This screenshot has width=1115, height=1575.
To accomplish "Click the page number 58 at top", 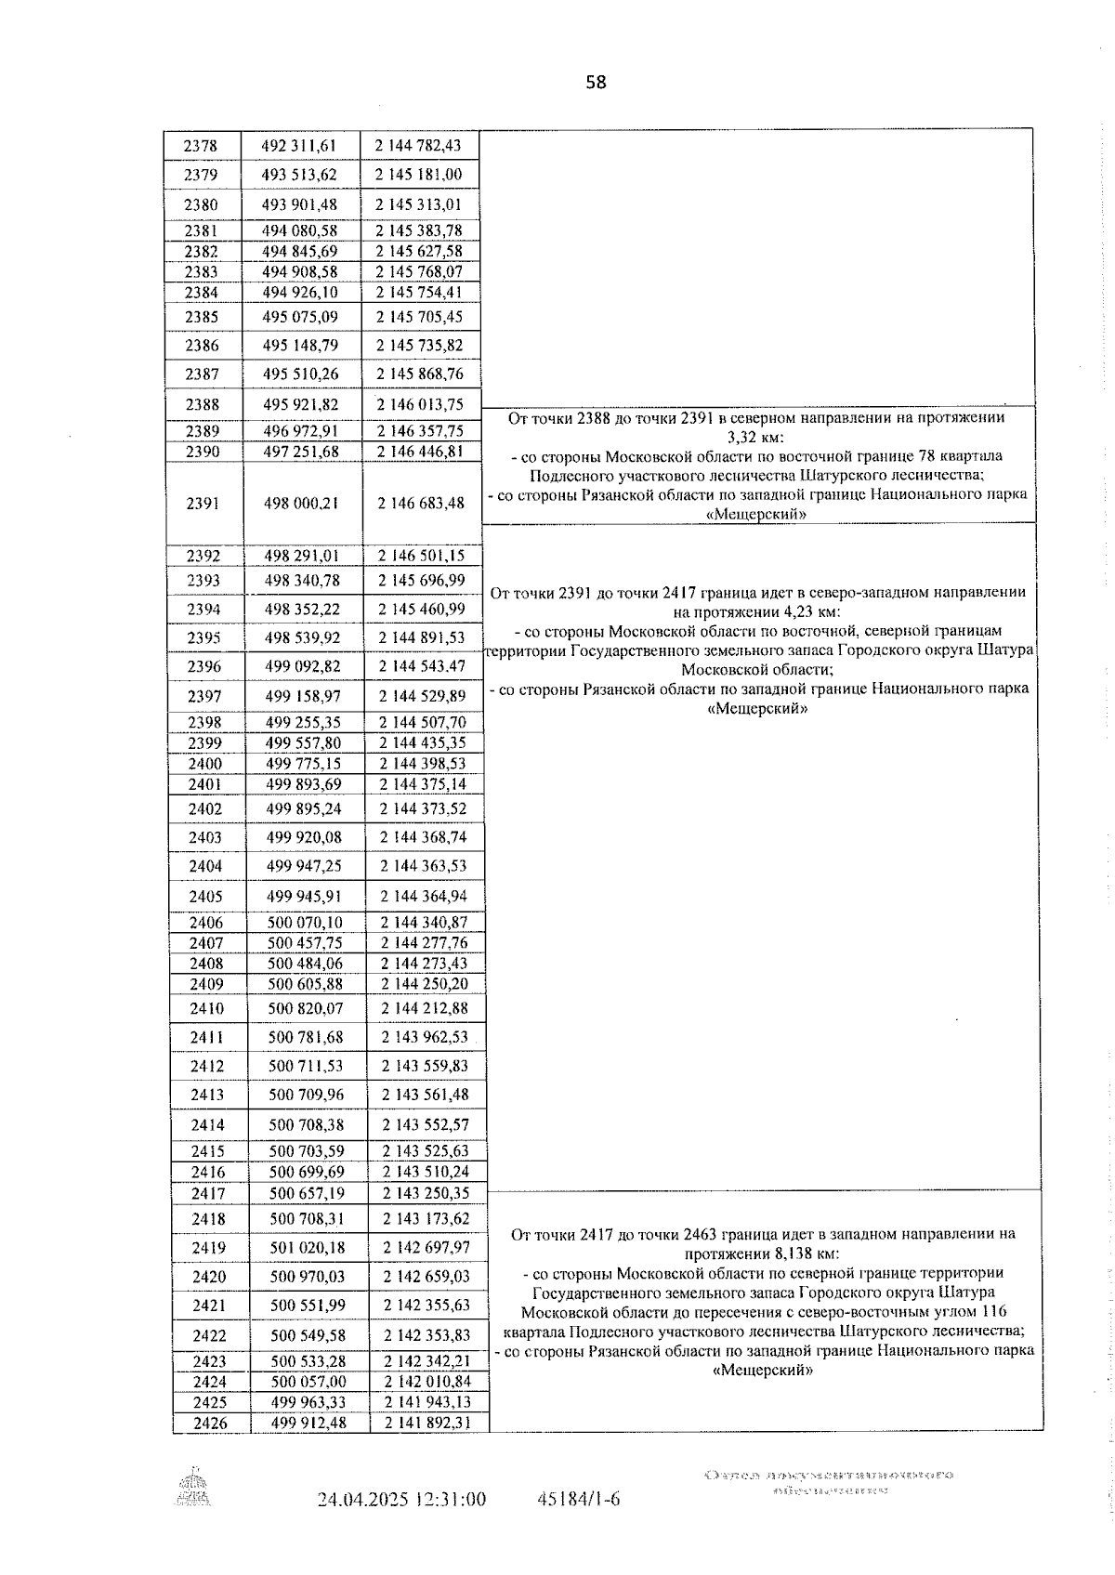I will pyautogui.click(x=596, y=83).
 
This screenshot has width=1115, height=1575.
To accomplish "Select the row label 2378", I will pyautogui.click(x=201, y=146).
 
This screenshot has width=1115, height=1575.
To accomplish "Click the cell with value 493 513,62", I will pyautogui.click(x=299, y=175).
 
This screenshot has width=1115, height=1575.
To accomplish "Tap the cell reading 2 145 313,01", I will pyautogui.click(x=418, y=204).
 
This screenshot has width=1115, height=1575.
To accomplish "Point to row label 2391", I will pyautogui.click(x=203, y=503).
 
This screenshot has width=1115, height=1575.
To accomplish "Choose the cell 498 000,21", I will pyautogui.click(x=301, y=503).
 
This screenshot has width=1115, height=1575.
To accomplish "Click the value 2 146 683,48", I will pyautogui.click(x=421, y=503).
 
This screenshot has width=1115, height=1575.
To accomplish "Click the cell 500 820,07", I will pyautogui.click(x=305, y=1008).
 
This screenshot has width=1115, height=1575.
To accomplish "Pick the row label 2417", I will pyautogui.click(x=208, y=1193).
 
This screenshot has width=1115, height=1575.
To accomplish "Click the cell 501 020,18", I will pyautogui.click(x=306, y=1247).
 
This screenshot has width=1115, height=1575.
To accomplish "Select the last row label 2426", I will pyautogui.click(x=210, y=1423).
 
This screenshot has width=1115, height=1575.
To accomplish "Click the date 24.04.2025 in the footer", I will pyautogui.click(x=364, y=1499).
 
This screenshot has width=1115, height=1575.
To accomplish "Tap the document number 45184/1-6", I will pyautogui.click(x=578, y=1499).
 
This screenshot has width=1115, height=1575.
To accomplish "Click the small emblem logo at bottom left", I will pyautogui.click(x=194, y=1486).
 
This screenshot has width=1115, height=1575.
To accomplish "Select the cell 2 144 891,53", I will pyautogui.click(x=422, y=637).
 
